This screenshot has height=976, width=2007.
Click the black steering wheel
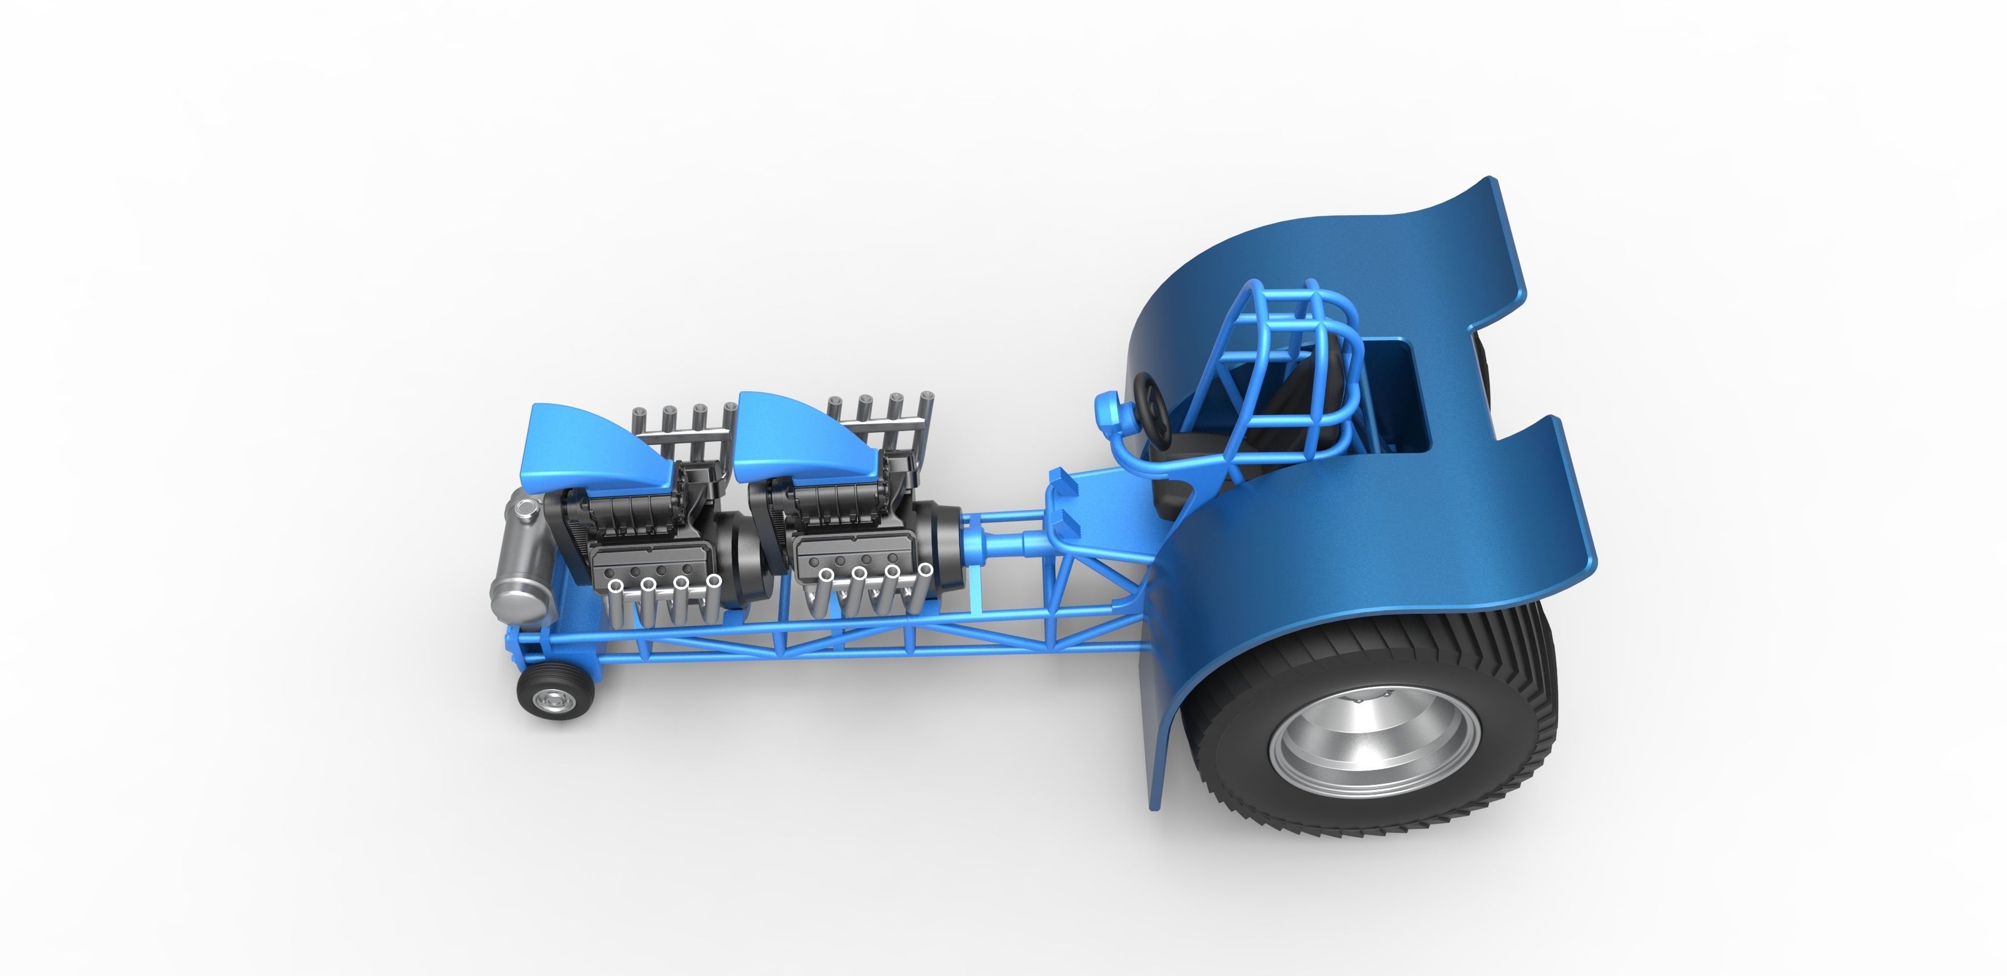click(x=1149, y=398)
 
